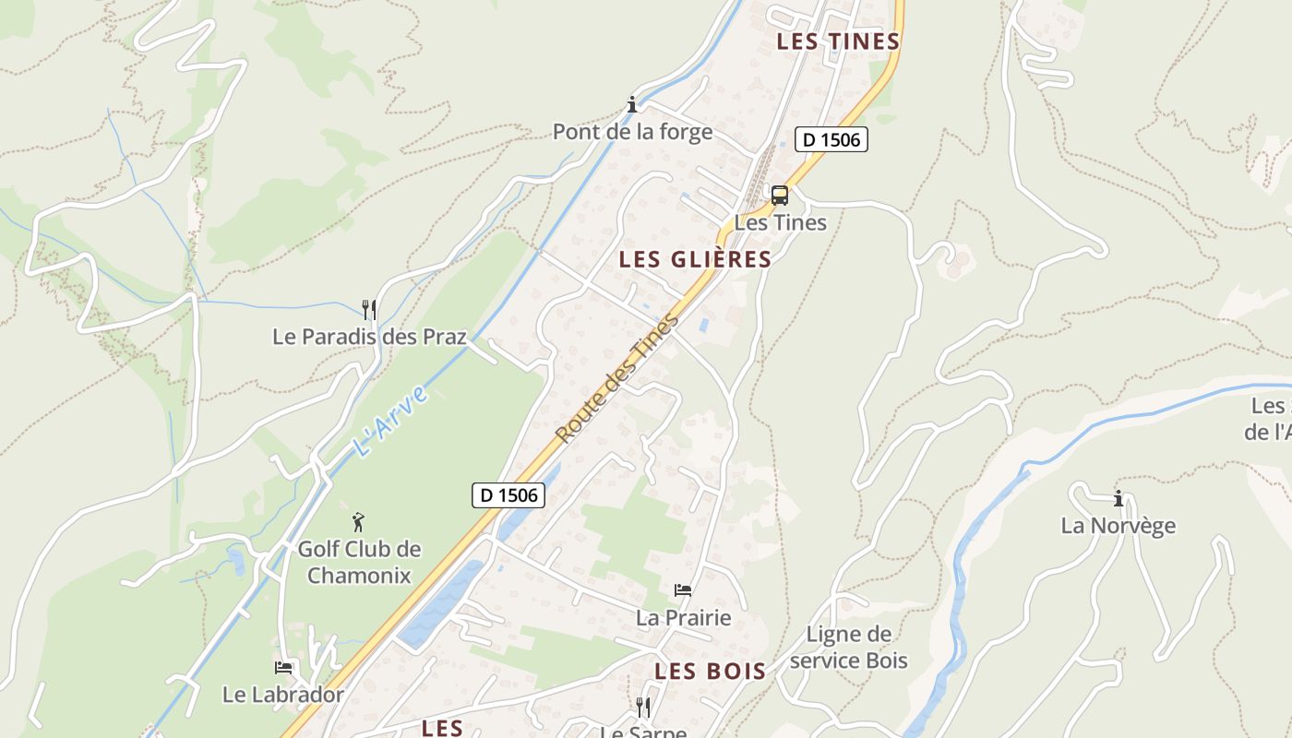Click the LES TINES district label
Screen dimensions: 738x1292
838,42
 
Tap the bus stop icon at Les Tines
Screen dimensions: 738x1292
780,196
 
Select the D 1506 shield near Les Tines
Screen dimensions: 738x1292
831,140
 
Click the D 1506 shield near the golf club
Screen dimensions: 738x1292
508,495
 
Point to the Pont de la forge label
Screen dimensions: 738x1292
632,132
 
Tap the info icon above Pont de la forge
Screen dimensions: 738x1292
632,104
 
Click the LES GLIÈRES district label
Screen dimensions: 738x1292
695,260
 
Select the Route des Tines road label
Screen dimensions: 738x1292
617,378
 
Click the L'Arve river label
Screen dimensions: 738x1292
391,423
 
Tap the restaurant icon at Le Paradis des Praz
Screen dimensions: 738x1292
368,309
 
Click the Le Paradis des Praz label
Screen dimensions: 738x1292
369,337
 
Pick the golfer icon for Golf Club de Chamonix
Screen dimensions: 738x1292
358,522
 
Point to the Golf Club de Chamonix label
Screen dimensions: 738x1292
359,563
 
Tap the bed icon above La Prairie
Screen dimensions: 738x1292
683,590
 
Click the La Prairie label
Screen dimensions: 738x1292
683,618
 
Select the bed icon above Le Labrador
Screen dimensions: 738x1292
283,667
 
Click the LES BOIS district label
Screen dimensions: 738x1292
711,672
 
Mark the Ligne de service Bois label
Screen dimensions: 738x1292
849,648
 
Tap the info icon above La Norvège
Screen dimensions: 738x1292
1119,499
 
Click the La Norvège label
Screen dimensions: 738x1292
1119,526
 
